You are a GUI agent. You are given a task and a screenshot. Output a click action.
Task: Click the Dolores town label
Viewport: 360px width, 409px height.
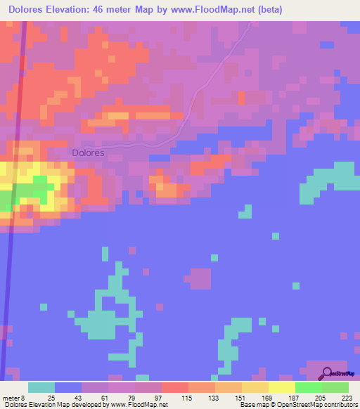88,152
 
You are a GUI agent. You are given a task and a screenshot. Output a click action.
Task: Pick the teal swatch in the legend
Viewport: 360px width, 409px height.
41,387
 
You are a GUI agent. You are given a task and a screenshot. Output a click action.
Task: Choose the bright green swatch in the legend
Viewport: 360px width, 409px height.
308,387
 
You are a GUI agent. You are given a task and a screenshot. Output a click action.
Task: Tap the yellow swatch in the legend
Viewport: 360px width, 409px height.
281,387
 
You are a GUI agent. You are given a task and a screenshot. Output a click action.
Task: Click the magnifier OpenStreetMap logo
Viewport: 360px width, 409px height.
328,374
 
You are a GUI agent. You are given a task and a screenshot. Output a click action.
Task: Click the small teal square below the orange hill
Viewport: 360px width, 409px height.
245,212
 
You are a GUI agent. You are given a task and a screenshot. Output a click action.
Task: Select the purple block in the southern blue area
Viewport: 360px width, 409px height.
200,278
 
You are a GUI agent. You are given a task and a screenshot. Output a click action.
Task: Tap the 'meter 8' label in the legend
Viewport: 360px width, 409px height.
12,398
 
